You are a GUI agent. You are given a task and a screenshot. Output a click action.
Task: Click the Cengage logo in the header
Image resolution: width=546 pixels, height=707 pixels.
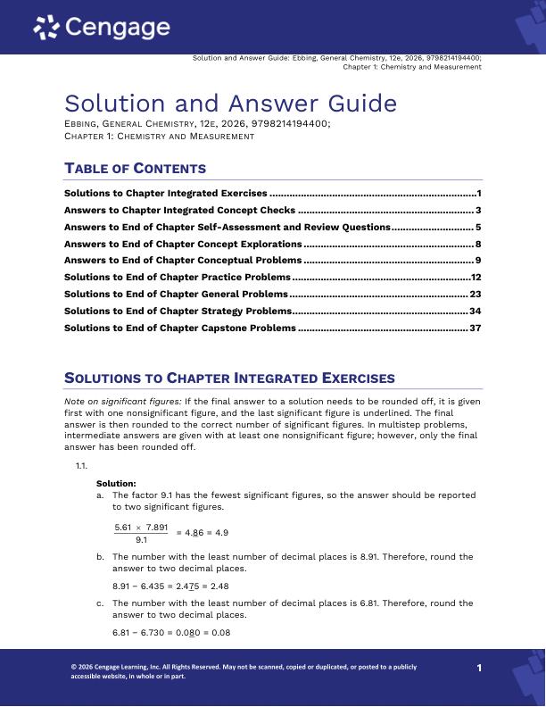pyautogui.click(x=102, y=29)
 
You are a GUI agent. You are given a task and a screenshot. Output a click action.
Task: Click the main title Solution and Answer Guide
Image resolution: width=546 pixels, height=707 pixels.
pyautogui.click(x=230, y=104)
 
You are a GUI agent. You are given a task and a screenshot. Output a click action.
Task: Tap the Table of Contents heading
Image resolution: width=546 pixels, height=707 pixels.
pyautogui.click(x=135, y=168)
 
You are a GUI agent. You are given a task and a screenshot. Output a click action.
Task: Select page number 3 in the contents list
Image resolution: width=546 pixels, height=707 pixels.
pyautogui.click(x=479, y=210)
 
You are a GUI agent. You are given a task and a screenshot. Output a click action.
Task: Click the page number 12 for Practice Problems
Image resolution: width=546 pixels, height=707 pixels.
pyautogui.click(x=476, y=278)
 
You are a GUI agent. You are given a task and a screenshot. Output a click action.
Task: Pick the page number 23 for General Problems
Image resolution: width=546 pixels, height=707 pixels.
pyautogui.click(x=476, y=294)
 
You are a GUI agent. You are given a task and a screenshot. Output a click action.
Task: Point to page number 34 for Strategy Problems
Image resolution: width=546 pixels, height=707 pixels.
pyautogui.click(x=476, y=311)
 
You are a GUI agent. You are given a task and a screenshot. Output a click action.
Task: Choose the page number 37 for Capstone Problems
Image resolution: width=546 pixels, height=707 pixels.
pyautogui.click(x=476, y=328)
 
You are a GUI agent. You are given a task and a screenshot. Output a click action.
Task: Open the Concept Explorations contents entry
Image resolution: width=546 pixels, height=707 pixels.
pyautogui.click(x=183, y=244)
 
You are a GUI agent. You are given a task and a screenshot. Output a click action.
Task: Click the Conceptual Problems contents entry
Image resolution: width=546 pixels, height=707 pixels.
pyautogui.click(x=183, y=261)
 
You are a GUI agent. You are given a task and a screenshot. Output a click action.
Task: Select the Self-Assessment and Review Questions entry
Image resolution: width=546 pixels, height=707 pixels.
pyautogui.click(x=227, y=227)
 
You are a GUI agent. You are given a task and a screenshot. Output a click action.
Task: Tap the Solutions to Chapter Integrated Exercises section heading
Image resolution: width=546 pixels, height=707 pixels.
pyautogui.click(x=230, y=378)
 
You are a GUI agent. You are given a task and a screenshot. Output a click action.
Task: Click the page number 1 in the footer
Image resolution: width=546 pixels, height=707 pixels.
pyautogui.click(x=479, y=668)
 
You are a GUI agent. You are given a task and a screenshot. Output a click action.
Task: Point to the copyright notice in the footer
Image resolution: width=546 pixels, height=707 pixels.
pyautogui.click(x=243, y=671)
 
